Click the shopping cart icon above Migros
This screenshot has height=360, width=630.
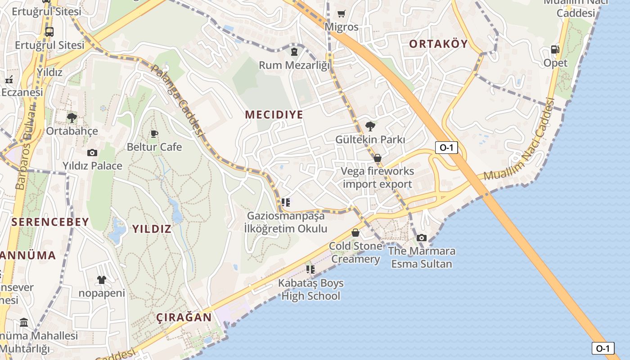tap(341, 14)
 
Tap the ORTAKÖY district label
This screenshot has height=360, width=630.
tap(438, 44)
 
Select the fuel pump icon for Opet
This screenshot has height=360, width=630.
tap(555, 50)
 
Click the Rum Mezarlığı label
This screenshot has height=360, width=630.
tap(294, 65)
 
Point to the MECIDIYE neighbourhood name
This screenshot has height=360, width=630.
tap(274, 114)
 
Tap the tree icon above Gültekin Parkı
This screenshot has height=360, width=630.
tap(370, 126)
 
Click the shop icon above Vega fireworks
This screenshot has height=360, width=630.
tap(378, 158)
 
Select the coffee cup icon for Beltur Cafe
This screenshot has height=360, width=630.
tap(154, 134)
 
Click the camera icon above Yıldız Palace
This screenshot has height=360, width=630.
tap(92, 153)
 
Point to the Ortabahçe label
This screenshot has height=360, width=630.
tap(72, 131)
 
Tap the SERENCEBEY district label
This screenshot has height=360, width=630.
tap(50, 222)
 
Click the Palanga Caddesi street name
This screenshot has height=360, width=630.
tap(177, 101)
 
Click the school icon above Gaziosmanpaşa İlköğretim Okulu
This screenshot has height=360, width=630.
tap(285, 203)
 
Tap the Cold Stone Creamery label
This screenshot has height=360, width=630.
tap(355, 252)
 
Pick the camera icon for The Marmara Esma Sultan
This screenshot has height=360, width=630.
tap(421, 238)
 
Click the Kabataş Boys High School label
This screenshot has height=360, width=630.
tap(310, 289)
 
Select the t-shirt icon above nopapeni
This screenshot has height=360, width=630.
tap(101, 280)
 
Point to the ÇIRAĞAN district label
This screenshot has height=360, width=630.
tap(184, 317)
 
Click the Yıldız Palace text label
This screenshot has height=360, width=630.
tap(92, 166)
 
